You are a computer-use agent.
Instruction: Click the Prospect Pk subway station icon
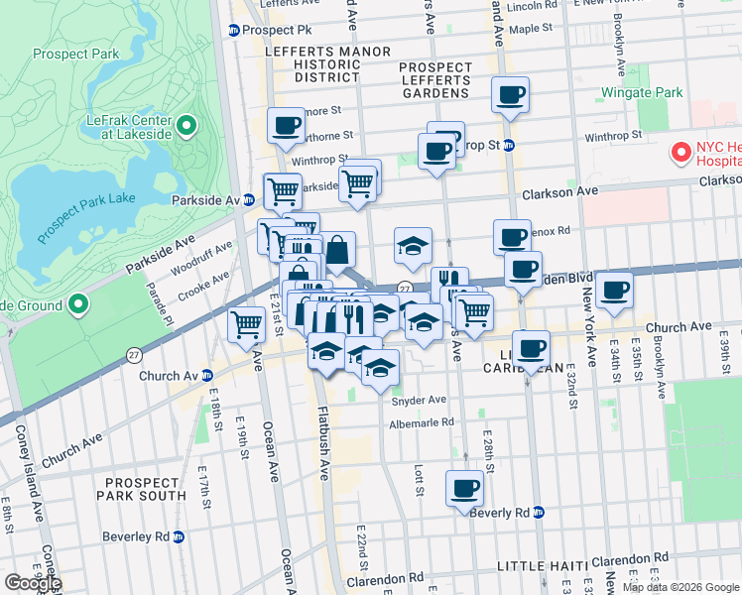[x=235, y=30]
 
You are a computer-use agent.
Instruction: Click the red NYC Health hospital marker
[x=680, y=153]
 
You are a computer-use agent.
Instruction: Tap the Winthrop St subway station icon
[x=508, y=146]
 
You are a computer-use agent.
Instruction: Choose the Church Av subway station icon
[x=206, y=376]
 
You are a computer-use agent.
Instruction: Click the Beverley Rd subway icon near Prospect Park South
[x=179, y=536]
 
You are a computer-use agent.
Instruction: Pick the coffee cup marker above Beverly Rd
[x=464, y=488]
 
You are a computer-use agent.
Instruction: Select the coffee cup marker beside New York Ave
[x=614, y=290]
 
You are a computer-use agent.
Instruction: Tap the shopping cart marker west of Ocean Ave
[x=246, y=323]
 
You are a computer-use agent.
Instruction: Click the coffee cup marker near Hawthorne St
[x=287, y=125]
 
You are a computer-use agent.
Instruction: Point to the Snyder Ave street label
[x=422, y=402]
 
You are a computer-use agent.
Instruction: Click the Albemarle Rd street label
[x=421, y=422]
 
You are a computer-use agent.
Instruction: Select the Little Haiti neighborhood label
[x=542, y=565]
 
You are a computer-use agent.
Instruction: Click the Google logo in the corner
[x=32, y=582]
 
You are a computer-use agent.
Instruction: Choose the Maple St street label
[x=530, y=29]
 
